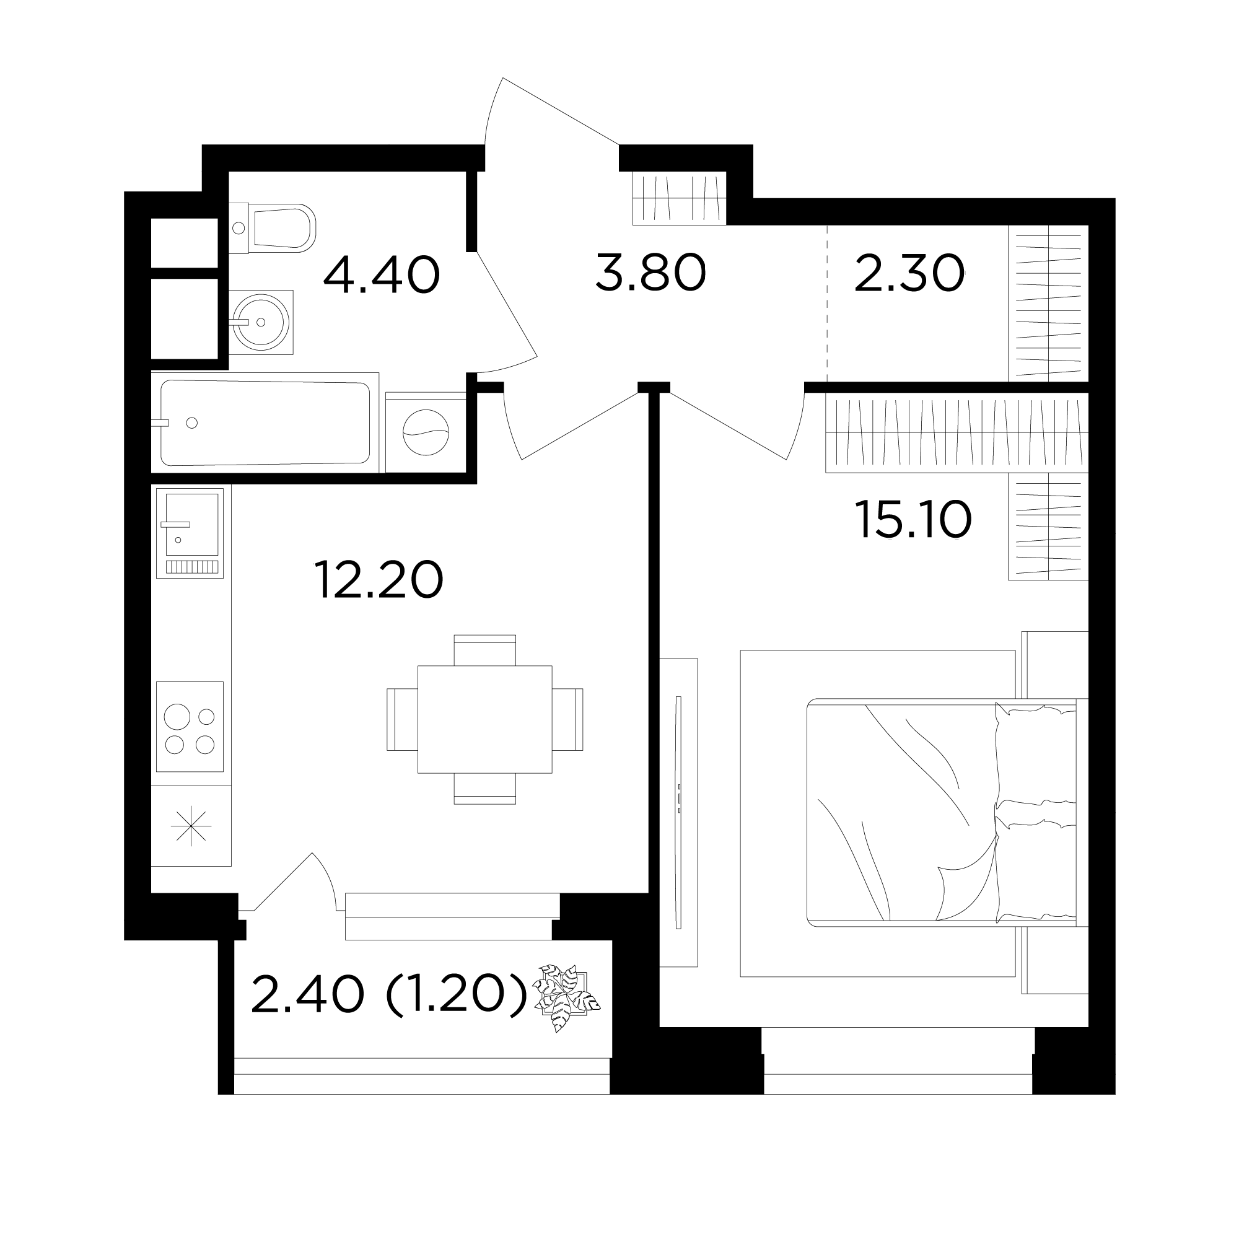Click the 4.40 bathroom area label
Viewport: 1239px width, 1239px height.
[381, 275]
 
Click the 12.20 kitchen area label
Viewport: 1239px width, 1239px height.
[379, 580]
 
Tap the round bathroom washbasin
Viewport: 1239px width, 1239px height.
[261, 322]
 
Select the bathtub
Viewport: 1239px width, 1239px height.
[265, 422]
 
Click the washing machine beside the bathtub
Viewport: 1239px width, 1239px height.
[425, 432]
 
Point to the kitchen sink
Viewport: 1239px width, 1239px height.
[190, 532]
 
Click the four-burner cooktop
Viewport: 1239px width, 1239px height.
[190, 727]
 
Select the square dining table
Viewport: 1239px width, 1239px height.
[485, 719]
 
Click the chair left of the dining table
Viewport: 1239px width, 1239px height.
[402, 719]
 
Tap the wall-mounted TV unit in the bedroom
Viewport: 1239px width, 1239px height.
[678, 813]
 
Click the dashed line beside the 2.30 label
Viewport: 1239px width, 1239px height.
[827, 303]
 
